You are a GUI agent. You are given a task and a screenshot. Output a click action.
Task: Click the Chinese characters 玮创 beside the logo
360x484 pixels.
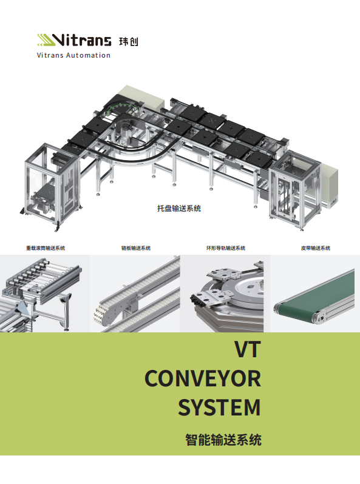pos(129,41)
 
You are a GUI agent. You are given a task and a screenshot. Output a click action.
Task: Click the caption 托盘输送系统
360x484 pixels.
pos(179,209)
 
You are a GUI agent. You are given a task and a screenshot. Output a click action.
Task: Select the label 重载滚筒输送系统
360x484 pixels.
pos(46,248)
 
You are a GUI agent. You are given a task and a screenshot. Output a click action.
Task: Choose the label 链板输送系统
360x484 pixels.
pos(136,248)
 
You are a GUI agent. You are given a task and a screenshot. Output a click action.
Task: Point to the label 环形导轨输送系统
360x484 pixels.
pos(226,248)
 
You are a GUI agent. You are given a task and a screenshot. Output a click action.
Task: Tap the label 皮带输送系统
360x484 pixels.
pos(316,248)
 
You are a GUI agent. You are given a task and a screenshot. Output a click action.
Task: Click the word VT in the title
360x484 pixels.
pos(248,349)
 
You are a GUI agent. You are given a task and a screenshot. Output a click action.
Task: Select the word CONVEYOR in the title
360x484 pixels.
pos(203,378)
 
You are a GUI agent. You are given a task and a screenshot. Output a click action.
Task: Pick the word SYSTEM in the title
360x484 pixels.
pos(219,408)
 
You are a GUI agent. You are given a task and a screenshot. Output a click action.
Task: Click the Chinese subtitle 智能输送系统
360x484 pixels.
pos(223,440)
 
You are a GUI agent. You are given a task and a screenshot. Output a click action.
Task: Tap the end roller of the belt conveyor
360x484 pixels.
pos(318,318)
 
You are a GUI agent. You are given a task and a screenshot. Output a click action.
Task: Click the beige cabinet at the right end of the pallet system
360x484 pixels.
pos(330,185)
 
